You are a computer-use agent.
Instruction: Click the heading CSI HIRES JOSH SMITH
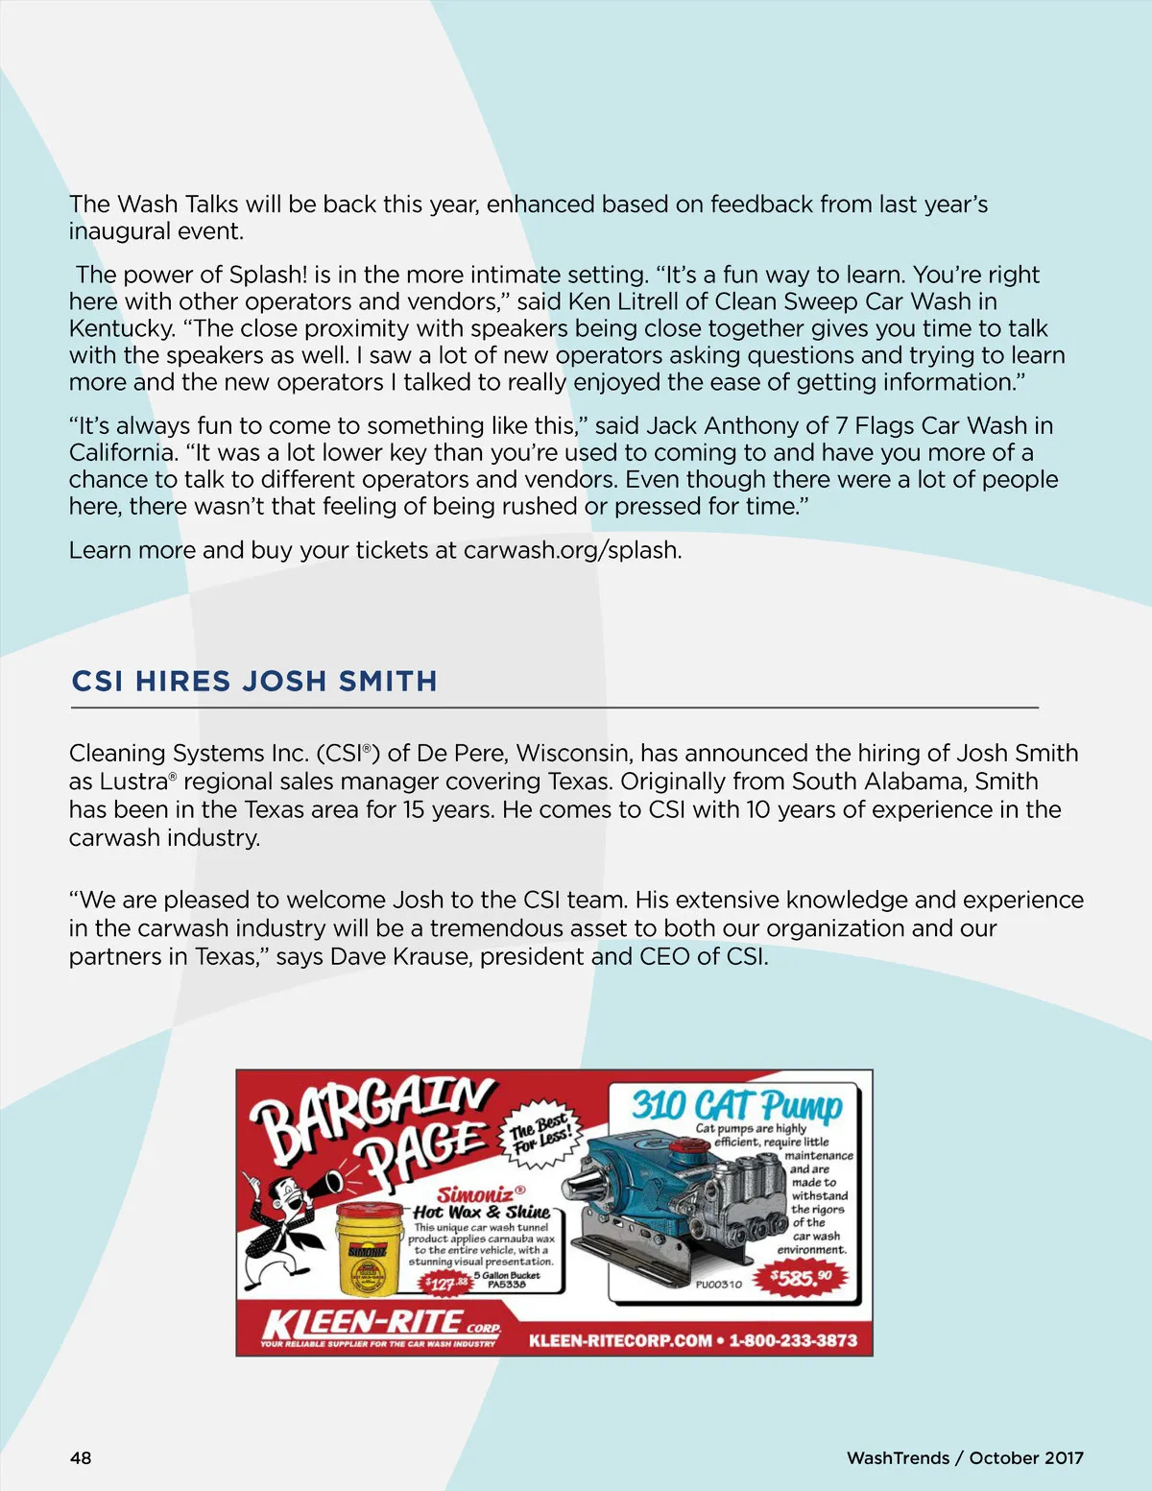pos(254,681)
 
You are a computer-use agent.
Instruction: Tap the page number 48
pos(81,1457)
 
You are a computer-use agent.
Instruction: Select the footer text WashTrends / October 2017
pos(965,1457)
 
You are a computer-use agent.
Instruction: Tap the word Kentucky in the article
pos(121,328)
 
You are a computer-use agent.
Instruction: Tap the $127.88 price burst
pos(447,1283)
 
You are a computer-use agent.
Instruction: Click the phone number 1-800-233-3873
pos(793,1340)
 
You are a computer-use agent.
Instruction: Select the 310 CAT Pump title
pos(736,1105)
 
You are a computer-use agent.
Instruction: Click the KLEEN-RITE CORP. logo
pos(379,1326)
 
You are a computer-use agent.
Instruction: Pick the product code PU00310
pos(718,1284)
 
